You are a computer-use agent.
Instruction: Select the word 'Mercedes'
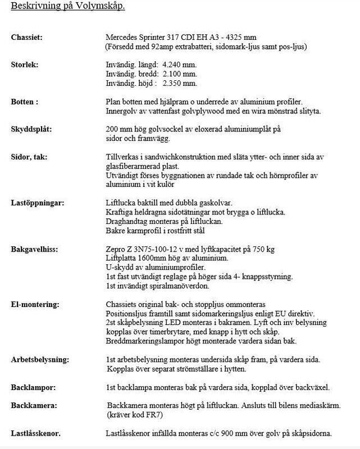tap(124, 38)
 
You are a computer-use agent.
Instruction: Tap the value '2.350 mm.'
tap(179, 84)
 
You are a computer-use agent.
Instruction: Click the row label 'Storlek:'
tap(25, 65)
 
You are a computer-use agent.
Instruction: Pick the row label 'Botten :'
tap(25, 102)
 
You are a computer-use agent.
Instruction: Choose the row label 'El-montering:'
tap(35, 304)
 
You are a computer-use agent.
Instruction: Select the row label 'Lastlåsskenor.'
tap(36, 433)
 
